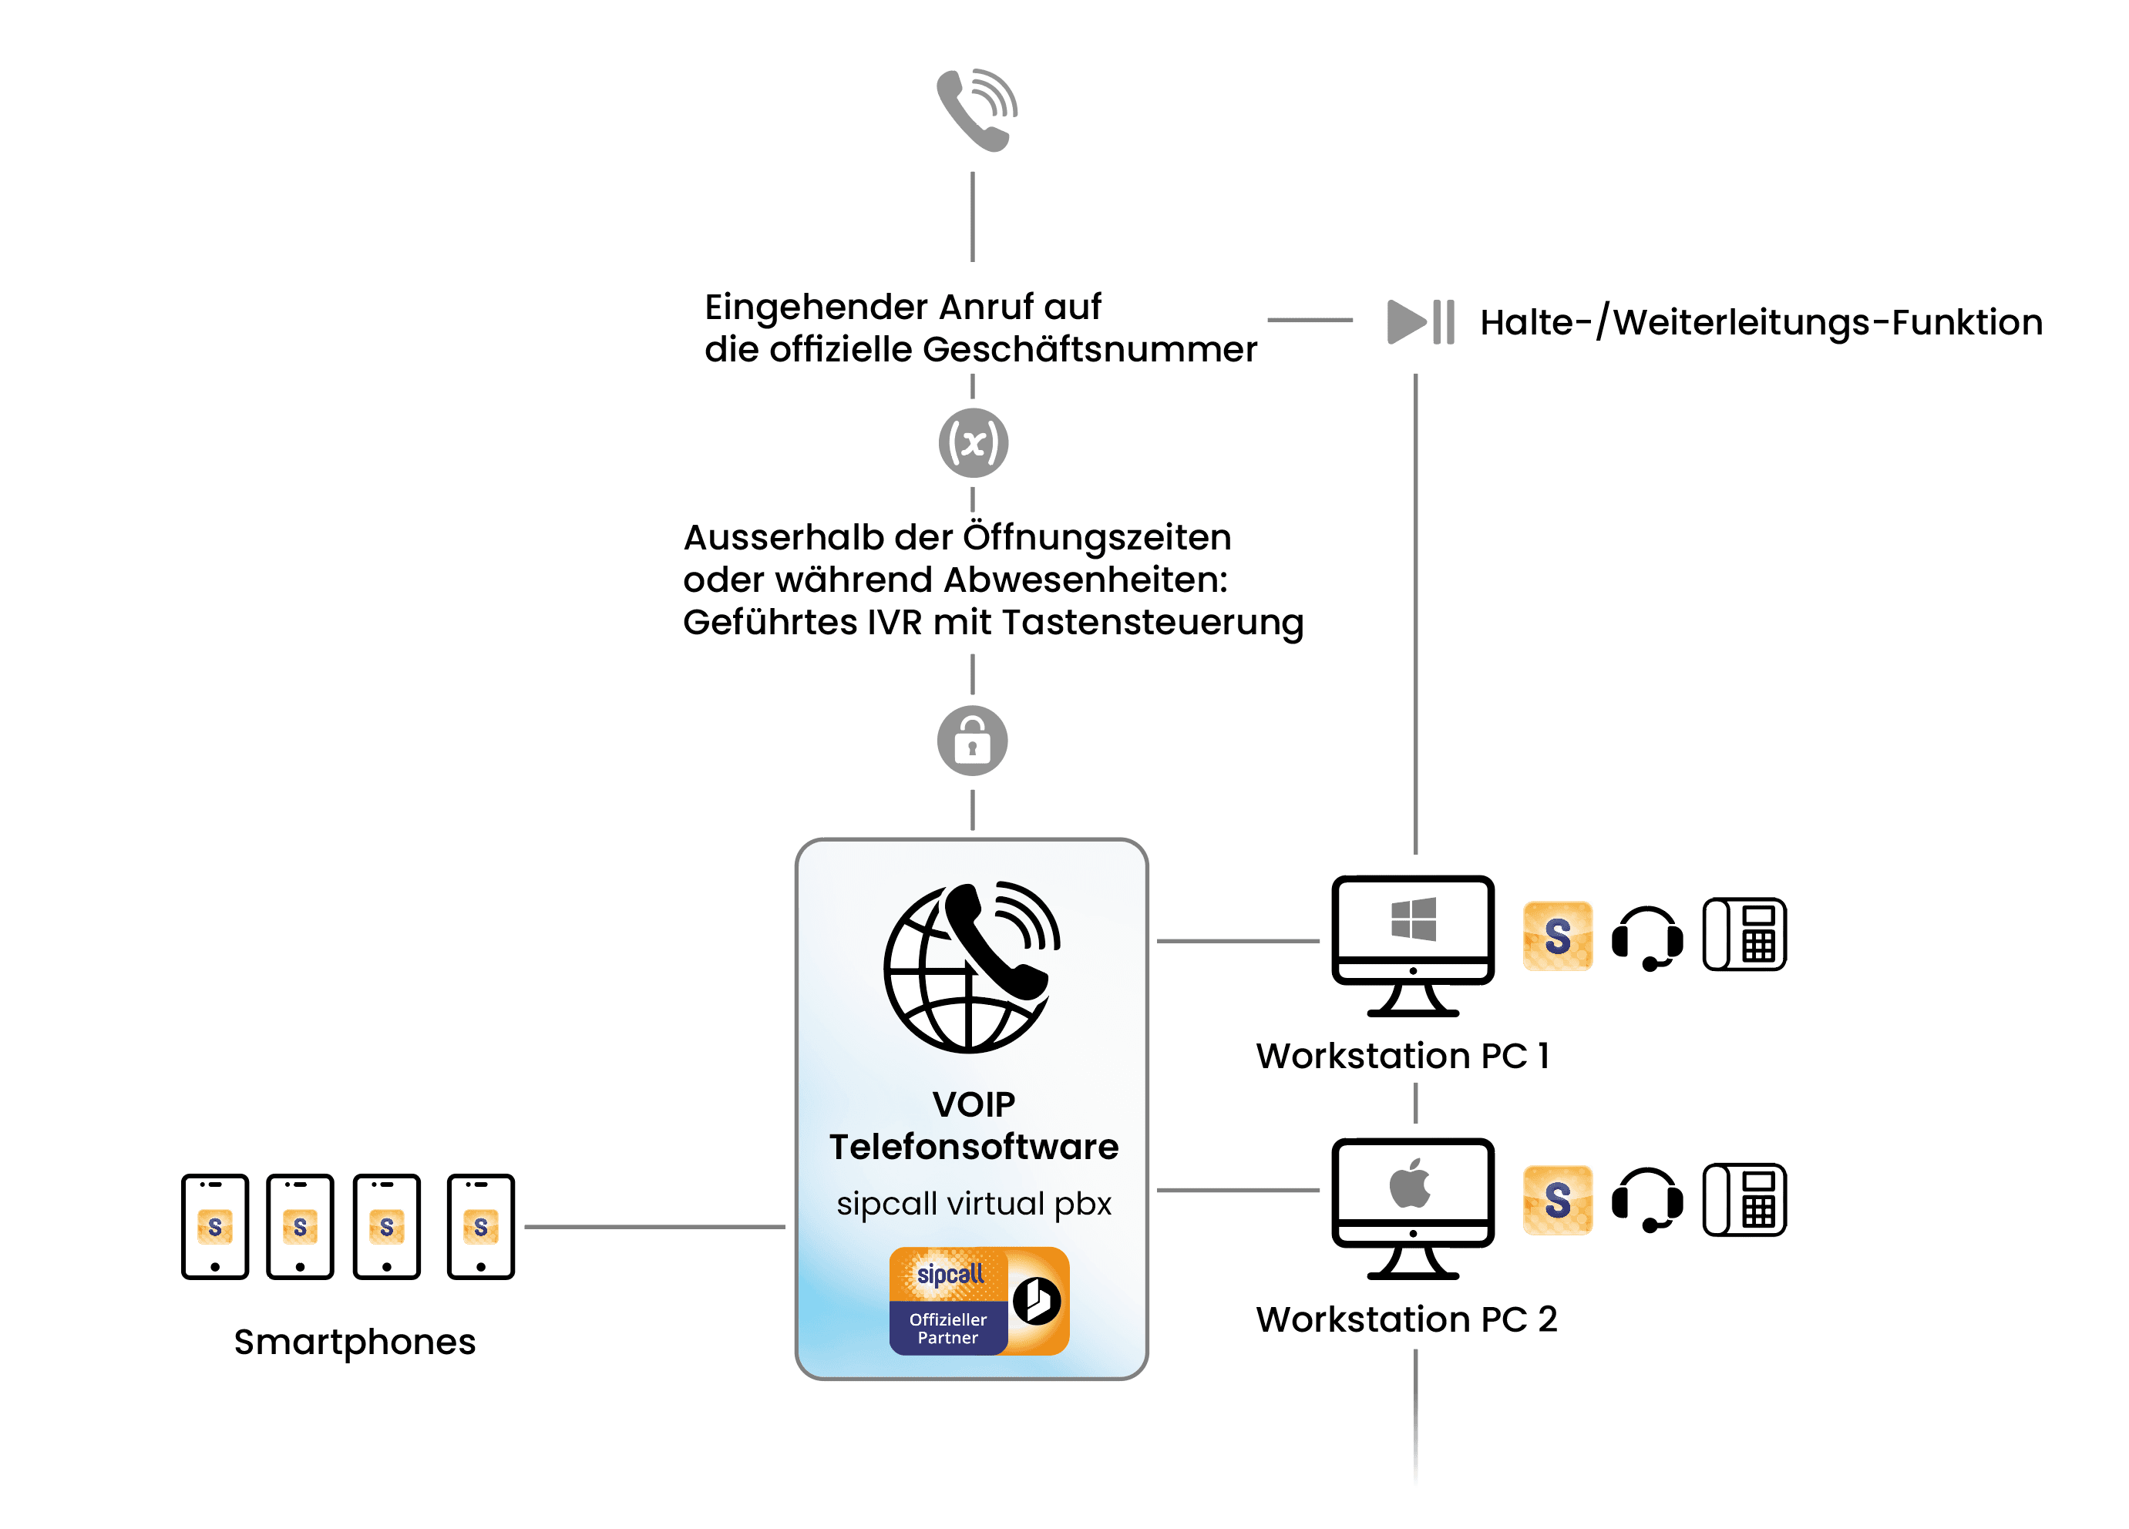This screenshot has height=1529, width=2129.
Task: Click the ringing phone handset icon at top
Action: pos(977,109)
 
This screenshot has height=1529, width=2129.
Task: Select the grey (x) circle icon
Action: pos(974,443)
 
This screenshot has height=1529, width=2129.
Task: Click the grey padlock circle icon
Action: pos(973,741)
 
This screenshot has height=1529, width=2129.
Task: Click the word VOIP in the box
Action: pos(974,1104)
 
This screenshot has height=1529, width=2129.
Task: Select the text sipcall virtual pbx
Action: pos(974,1203)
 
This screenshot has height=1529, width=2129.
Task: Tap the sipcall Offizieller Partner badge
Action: pos(978,1301)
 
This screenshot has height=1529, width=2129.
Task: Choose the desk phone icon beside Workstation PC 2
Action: pos(1744,1200)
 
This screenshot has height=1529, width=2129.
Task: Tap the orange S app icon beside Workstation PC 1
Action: pos(1557,936)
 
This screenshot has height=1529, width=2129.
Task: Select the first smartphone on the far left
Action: pos(215,1226)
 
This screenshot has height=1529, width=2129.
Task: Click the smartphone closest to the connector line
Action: pos(481,1226)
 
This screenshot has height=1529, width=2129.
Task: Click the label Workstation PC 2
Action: pos(1406,1319)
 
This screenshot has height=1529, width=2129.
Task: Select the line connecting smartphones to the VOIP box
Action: pos(654,1227)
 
